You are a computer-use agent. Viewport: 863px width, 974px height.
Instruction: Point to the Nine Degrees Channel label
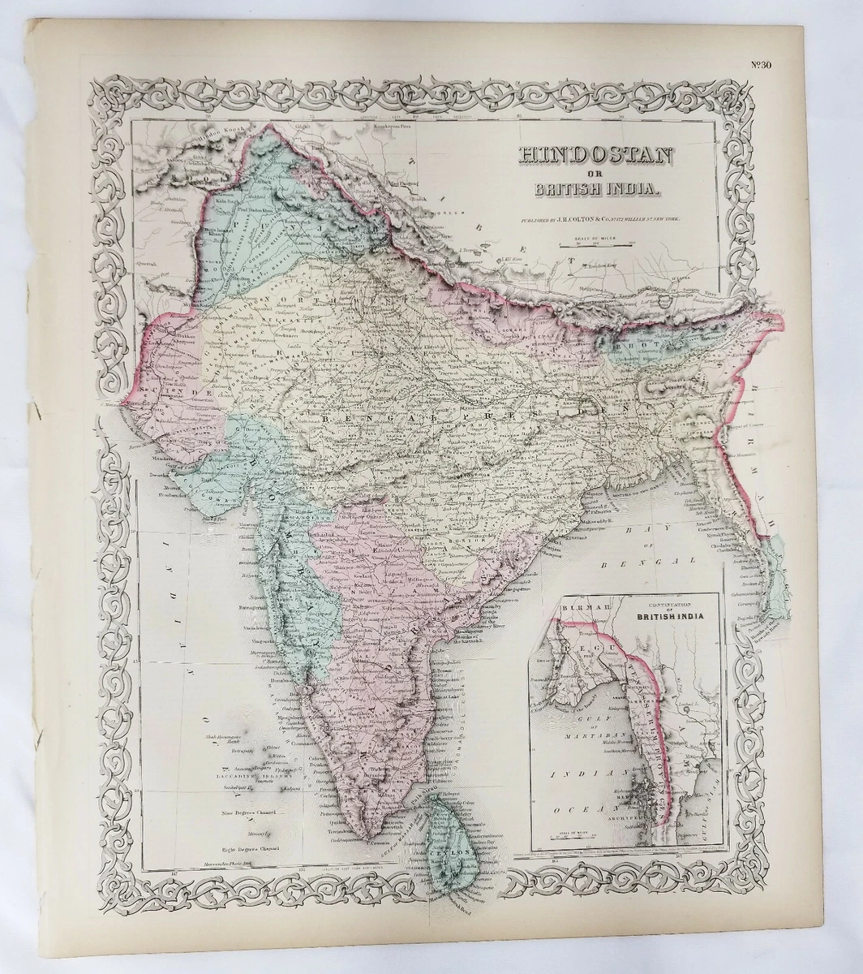(x=250, y=812)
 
